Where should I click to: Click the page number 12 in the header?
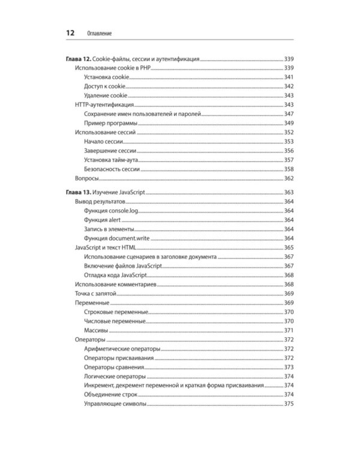[70, 34]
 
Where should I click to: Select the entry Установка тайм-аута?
[113, 160]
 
